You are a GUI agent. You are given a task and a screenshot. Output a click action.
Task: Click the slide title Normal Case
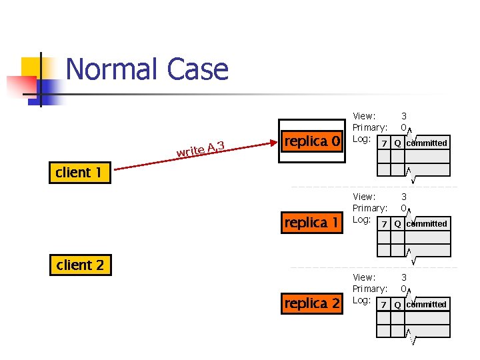pos(147,69)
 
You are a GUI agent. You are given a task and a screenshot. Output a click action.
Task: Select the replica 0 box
pos(312,141)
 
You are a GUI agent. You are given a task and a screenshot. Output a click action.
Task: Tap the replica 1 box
pos(312,223)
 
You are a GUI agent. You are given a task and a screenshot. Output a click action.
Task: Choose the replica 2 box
pos(312,304)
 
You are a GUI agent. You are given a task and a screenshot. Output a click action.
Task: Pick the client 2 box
pos(81,265)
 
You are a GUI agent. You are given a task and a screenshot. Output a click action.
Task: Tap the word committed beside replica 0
pos(427,143)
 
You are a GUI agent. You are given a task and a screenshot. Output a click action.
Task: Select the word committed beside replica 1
pos(427,223)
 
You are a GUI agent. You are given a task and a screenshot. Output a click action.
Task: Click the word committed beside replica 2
pos(427,304)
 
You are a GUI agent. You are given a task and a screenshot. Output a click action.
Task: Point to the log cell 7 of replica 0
pos(383,143)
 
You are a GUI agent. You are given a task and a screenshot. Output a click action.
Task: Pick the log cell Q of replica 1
pos(397,224)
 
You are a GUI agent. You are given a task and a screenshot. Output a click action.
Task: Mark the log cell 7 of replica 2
pos(383,305)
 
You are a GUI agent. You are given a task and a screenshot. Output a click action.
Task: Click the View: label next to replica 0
pos(364,116)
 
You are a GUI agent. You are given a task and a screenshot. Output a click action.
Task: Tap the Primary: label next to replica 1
pos(370,208)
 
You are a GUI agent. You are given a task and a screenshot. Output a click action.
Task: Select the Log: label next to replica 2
pos(361,300)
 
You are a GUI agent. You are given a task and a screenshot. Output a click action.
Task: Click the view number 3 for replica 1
pos(404,197)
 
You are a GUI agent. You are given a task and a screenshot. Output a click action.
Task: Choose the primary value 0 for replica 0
pos(404,127)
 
